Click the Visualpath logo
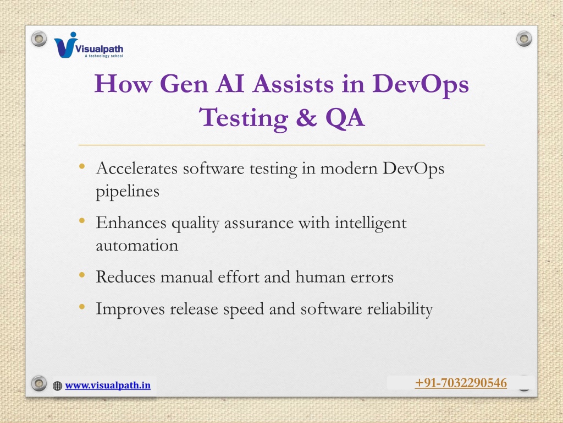point(89,45)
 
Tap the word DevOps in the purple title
point(421,85)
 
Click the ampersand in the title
point(306,117)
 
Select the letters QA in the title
point(345,118)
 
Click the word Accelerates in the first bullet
point(137,168)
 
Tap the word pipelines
point(128,192)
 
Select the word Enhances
point(131,223)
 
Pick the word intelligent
point(371,224)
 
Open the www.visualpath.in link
point(108,386)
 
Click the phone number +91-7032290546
point(461,383)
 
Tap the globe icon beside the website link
point(57,386)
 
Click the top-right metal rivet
point(524,39)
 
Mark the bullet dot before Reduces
point(82,275)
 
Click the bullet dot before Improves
point(82,307)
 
